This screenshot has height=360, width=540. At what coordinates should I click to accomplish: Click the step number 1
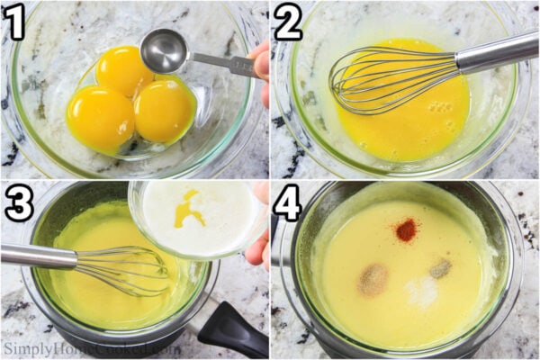[x=13, y=22]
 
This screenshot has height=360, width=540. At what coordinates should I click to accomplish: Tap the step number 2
[x=288, y=22]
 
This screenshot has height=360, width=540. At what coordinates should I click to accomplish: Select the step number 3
[x=18, y=204]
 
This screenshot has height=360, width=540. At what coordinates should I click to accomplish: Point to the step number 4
[x=288, y=204]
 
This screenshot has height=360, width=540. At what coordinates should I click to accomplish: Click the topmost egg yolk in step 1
[x=123, y=70]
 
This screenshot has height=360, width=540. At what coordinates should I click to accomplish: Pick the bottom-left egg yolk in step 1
[x=100, y=118]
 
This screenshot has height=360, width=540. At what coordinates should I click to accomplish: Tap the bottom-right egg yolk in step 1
[x=164, y=111]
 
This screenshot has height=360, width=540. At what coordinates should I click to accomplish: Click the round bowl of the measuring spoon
[x=163, y=50]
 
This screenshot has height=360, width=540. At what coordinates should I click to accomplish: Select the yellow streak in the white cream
[x=190, y=212]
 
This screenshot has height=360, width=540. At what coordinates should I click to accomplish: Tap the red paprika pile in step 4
[x=406, y=230]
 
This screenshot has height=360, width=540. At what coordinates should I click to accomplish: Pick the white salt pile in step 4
[x=421, y=291]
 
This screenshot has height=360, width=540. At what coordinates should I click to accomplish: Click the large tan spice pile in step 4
[x=373, y=280]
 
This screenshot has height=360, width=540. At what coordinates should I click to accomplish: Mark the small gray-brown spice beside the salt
[x=439, y=268]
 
